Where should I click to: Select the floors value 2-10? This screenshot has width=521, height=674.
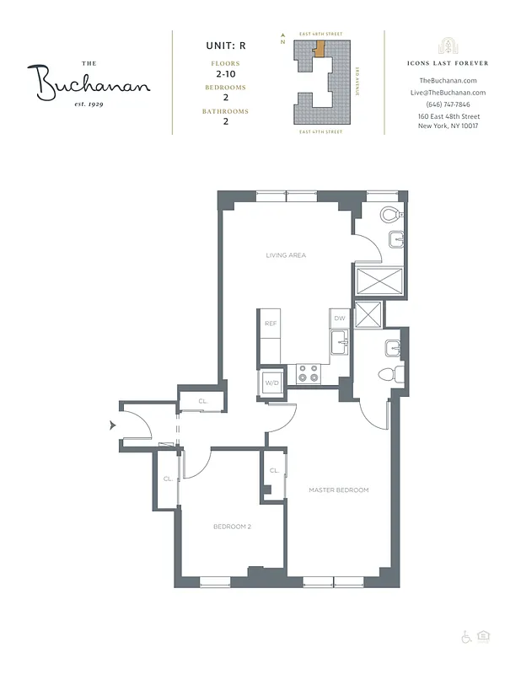[224, 75]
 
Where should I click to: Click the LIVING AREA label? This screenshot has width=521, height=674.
[286, 254]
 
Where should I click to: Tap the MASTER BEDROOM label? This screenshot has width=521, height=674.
[338, 489]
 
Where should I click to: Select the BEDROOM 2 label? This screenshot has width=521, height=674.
[232, 527]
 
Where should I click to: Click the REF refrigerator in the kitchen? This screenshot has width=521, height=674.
[271, 324]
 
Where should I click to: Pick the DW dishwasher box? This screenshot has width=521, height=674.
[340, 318]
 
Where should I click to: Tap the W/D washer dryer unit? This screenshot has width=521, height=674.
[272, 383]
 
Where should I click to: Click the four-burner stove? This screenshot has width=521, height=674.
[308, 373]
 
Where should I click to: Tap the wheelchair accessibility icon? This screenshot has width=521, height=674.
[465, 637]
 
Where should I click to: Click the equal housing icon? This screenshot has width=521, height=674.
[483, 637]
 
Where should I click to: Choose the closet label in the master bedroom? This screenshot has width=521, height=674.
[274, 471]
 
